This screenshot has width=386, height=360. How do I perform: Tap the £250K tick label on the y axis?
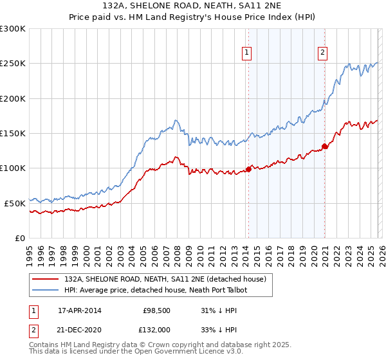pyautogui.click(x=13, y=64)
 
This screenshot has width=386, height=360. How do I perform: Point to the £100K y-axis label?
pyautogui.click(x=13, y=168)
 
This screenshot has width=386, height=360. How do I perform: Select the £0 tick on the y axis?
pyautogui.click(x=19, y=238)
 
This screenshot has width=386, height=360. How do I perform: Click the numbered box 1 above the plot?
pyautogui.click(x=247, y=53)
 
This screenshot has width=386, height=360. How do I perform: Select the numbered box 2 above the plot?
pyautogui.click(x=322, y=53)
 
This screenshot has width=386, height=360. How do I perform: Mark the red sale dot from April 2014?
pyautogui.click(x=248, y=170)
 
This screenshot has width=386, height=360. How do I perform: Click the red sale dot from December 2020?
pyautogui.click(x=325, y=146)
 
